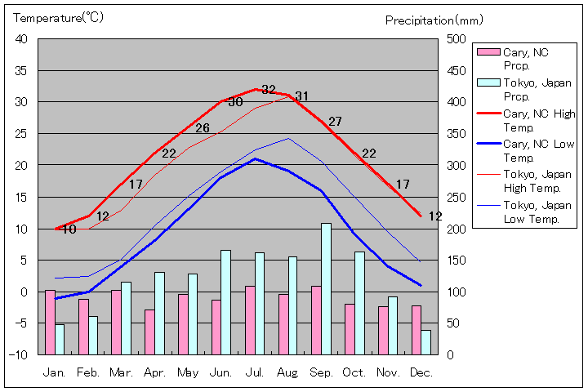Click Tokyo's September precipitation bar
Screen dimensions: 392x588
click(326, 288)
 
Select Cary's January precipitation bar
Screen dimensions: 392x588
click(50, 322)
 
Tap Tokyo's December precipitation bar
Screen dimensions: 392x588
click(425, 342)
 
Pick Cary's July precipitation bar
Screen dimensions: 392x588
click(250, 320)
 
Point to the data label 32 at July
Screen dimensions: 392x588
click(269, 90)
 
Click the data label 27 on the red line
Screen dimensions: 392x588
click(335, 122)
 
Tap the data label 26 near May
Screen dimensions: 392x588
click(203, 128)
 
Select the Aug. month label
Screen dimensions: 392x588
click(287, 372)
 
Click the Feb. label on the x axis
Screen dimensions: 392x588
click(88, 372)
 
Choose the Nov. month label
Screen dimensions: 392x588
click(387, 372)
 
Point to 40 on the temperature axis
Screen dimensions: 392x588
click(21, 39)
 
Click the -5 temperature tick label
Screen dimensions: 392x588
click(21, 323)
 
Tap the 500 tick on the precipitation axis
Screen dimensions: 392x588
click(456, 39)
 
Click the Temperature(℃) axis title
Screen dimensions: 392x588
click(59, 18)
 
